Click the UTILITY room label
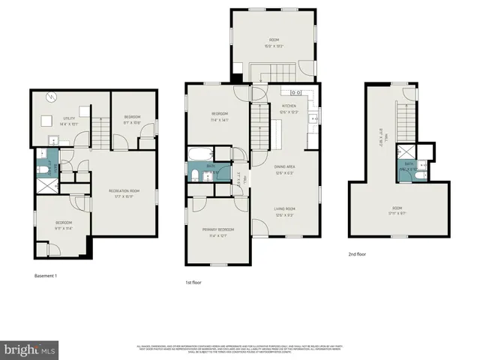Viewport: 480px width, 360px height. point(68,118)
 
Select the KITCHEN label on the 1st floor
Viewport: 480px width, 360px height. point(289,106)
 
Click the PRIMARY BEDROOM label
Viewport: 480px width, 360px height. point(217,229)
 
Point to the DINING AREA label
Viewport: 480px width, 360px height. point(283,166)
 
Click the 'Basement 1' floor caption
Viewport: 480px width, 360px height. point(46,276)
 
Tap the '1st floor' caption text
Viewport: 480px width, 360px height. point(193,283)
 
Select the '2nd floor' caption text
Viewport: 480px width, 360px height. point(357,254)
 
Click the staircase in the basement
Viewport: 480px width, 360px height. point(100,134)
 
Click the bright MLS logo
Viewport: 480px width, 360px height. point(30,349)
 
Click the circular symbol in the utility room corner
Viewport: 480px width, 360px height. point(50,97)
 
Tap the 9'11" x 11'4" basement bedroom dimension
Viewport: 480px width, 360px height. point(63,227)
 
